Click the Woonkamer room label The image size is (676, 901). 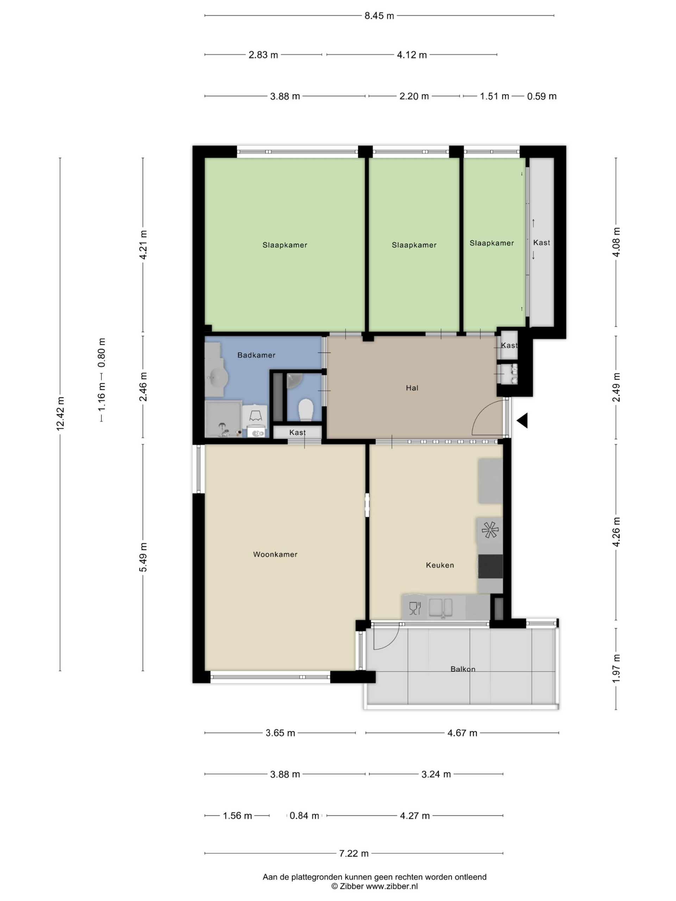pos(275,554)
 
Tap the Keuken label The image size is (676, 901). pos(440,565)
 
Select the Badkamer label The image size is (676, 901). pos(256,355)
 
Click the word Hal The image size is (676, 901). pos(412,388)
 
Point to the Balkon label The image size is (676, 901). pos(463,669)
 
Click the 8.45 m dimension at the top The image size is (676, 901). pos(379,16)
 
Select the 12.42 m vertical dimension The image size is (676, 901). pos(60,414)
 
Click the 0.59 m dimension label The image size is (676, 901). pos(542,96)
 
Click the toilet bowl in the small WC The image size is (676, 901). pos(305,409)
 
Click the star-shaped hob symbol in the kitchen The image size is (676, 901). pos(490,530)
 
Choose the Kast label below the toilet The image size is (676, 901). pos(298,433)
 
